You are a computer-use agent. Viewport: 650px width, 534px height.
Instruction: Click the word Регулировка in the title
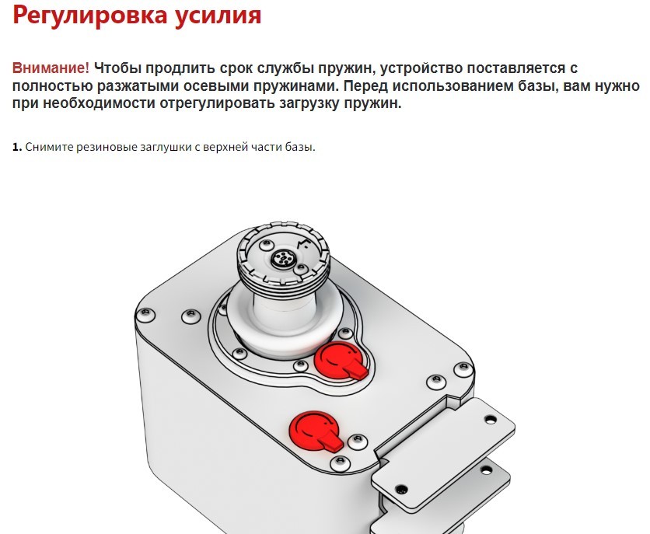coord(90,16)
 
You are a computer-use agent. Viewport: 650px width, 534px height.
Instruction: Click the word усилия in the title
coord(218,16)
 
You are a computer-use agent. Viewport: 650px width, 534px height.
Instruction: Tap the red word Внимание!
coord(51,68)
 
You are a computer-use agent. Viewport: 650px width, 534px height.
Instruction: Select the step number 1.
coord(16,147)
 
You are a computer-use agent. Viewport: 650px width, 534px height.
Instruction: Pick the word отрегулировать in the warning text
coord(217,103)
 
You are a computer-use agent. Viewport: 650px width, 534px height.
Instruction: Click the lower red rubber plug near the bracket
coord(314,430)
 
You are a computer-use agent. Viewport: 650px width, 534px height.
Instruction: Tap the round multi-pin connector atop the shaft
coord(281,260)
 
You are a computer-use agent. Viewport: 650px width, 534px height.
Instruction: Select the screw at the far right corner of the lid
coord(463,368)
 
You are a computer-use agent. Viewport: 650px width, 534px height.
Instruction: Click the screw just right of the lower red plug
coord(358,442)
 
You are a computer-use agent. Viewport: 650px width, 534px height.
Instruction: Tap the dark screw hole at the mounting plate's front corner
coord(400,490)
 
